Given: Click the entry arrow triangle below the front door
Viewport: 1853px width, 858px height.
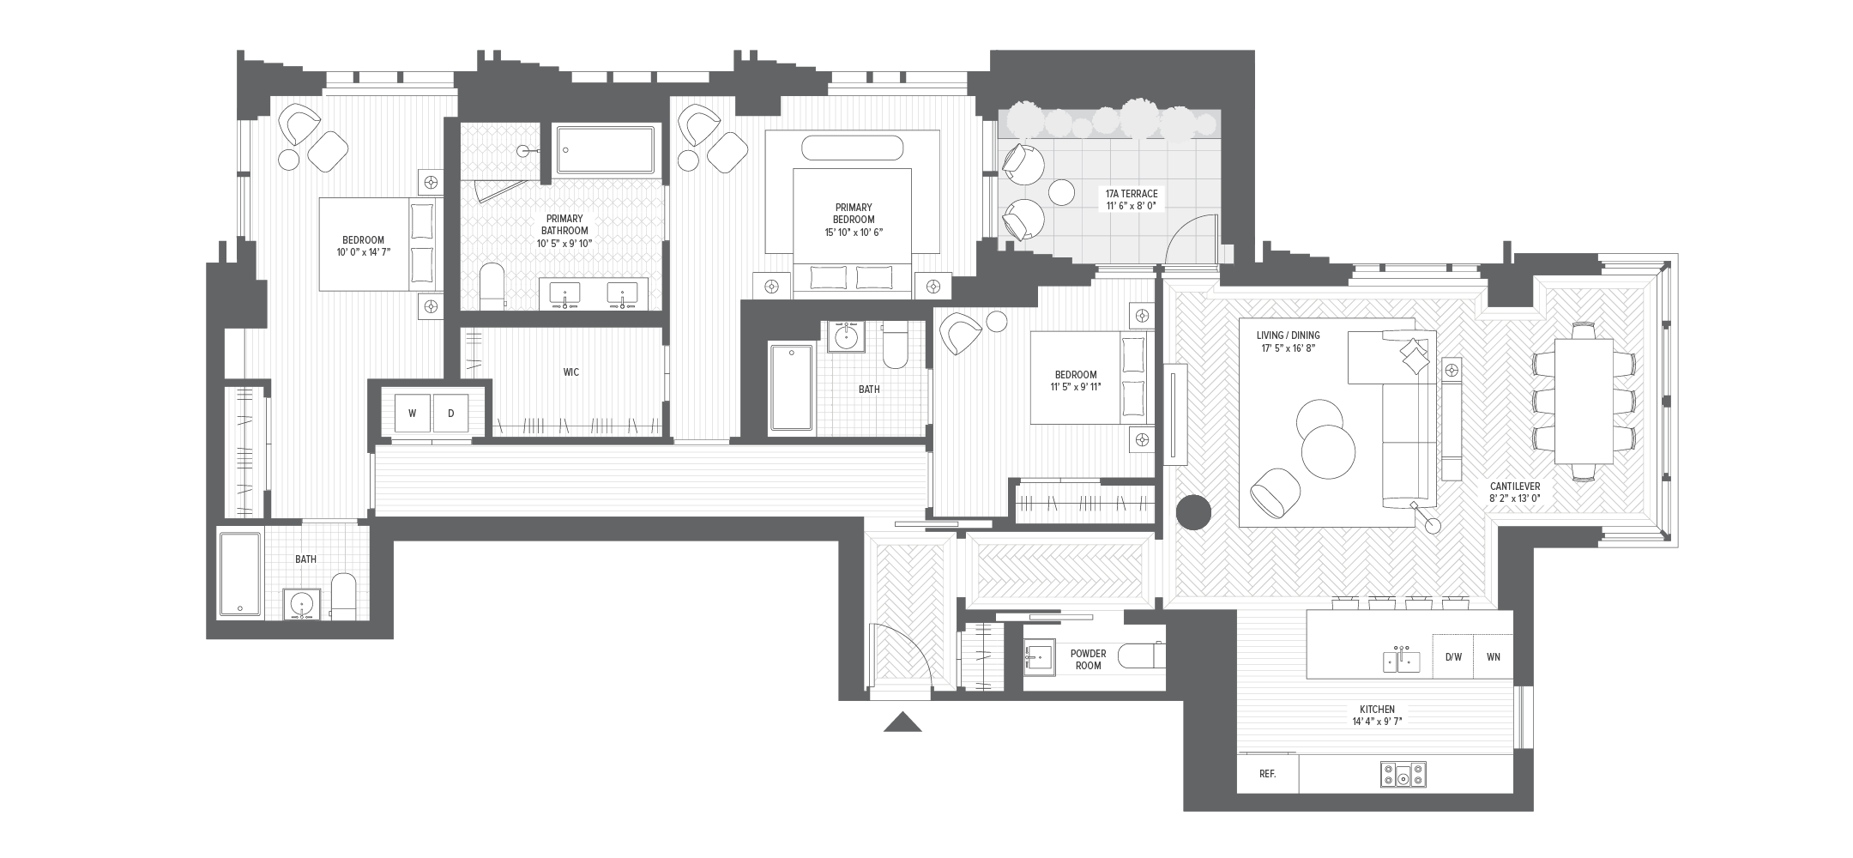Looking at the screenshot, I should (x=902, y=722).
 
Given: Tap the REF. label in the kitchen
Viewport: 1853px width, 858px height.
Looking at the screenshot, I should (x=1267, y=774).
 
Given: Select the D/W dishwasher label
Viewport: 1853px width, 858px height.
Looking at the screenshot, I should (x=1453, y=657).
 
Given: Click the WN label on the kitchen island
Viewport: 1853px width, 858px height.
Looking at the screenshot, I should (x=1494, y=657).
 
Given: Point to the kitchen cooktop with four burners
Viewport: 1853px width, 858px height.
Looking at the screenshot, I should (x=1403, y=775).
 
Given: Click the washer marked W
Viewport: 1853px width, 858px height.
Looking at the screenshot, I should (x=412, y=414).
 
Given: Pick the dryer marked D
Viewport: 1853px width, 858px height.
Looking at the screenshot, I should (x=451, y=414).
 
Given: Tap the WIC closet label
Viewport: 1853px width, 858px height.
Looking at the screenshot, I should (x=570, y=372).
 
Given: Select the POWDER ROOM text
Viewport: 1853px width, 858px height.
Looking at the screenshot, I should (x=1088, y=659).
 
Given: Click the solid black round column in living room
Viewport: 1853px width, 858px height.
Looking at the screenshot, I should (x=1192, y=512).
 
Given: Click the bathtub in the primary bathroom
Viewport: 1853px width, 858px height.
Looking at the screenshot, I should (x=606, y=151).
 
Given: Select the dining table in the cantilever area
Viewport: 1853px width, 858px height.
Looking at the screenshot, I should (x=1583, y=402).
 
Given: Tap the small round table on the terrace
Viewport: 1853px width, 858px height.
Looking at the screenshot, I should (x=1062, y=192).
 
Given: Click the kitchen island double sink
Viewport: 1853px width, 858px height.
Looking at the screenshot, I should (x=1401, y=660).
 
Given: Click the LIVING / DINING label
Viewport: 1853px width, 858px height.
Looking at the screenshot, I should (x=1290, y=341).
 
